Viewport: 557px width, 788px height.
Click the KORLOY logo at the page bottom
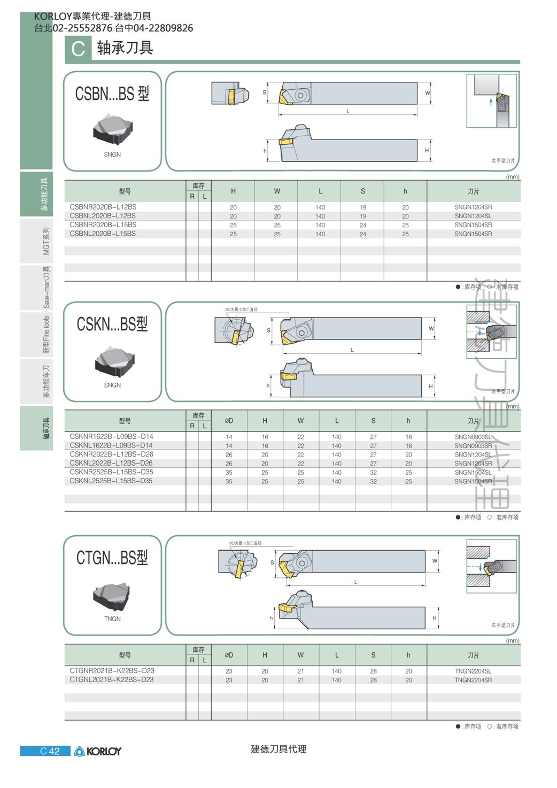coord(98,751)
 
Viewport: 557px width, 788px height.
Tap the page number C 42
coord(50,751)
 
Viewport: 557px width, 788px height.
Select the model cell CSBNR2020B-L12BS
coord(103,207)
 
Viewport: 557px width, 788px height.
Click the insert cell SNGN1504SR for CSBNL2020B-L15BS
coord(473,234)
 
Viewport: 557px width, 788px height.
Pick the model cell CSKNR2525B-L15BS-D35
coord(112,472)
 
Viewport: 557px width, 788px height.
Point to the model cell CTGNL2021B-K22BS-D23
coord(112,679)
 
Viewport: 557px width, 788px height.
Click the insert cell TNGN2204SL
coord(473,671)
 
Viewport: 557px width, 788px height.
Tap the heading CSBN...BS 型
coord(112,94)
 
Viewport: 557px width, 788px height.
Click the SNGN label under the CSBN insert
coord(112,154)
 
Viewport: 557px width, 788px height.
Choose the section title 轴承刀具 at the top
coord(125,48)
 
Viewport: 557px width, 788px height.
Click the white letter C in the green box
coord(78,49)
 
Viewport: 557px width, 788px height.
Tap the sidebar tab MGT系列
coord(46,241)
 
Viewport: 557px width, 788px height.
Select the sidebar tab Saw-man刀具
coord(46,287)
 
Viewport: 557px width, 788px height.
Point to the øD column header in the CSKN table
coord(229,420)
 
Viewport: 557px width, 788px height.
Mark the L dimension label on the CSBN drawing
coord(348,111)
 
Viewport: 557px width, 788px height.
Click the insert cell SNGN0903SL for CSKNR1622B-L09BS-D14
coord(473,437)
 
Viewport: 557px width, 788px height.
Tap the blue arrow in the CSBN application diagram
coord(491,102)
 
